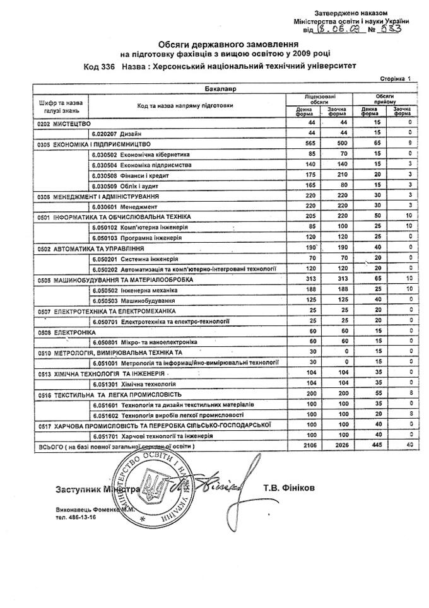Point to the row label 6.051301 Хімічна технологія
click(x=132, y=383)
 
